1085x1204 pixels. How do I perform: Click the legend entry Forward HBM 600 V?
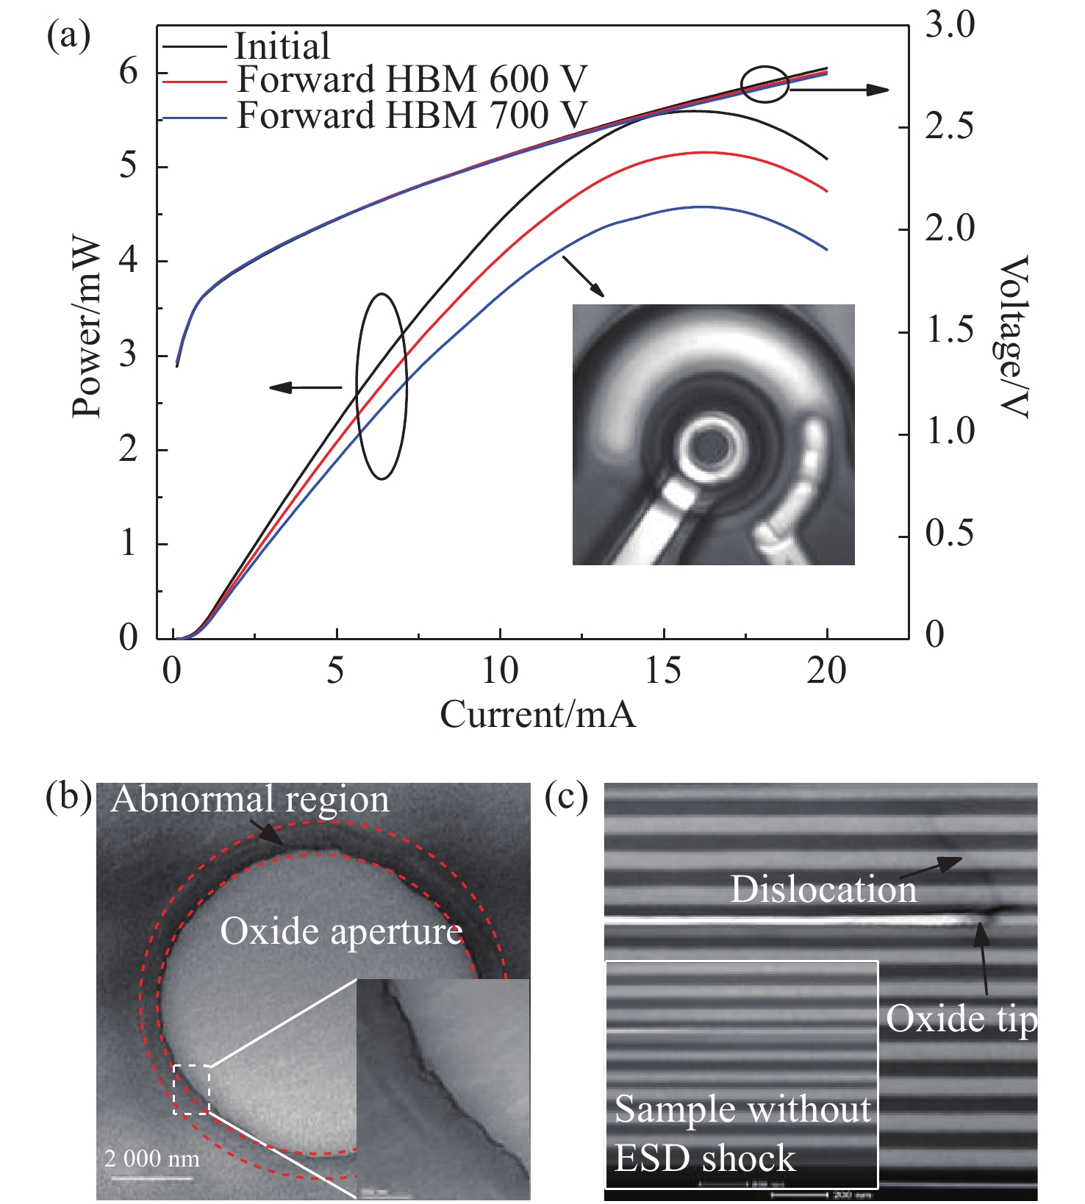pos(412,79)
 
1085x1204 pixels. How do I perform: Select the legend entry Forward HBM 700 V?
pos(412,115)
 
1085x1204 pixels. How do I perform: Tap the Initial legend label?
pos(282,46)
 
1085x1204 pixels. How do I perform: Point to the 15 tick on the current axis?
pos(663,671)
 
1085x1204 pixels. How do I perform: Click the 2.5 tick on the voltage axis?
pos(949,127)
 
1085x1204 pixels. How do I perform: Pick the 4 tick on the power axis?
pos(129,261)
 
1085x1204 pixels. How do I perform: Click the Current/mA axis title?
pos(537,714)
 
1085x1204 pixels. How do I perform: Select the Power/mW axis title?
pos(87,327)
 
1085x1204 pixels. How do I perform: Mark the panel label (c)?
pos(566,798)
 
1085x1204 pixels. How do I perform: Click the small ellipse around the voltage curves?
pos(764,85)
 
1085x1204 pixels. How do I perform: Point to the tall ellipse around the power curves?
pos(382,386)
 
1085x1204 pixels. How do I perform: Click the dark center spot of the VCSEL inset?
pos(711,444)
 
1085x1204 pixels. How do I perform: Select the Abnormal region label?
pos(250,800)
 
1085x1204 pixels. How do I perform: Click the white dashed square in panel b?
pos(192,1089)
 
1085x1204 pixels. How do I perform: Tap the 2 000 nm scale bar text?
pos(152,1159)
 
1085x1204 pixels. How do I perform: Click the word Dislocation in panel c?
pos(823,889)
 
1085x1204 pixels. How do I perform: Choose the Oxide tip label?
pos(961,1019)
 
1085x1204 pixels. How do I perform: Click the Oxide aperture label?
pos(341,932)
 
